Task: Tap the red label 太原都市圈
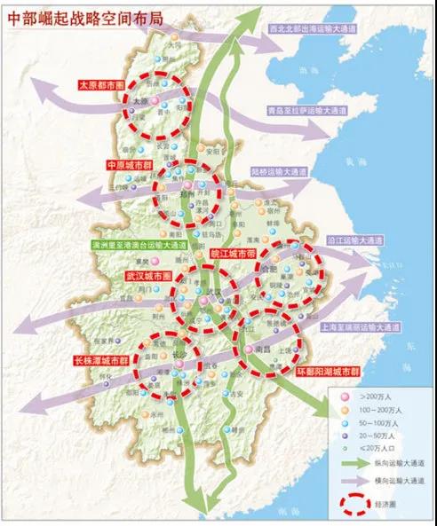click(x=103, y=85)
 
